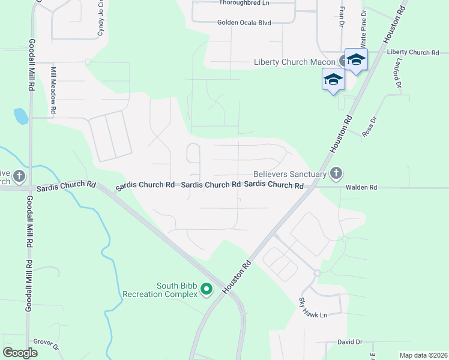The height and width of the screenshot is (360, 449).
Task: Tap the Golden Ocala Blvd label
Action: (244, 23)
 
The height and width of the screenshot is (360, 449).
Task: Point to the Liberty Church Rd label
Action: (413, 53)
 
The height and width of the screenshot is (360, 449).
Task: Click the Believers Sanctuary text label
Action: (289, 174)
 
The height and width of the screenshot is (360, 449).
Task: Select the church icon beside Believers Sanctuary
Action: (336, 174)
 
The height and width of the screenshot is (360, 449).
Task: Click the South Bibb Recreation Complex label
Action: (160, 290)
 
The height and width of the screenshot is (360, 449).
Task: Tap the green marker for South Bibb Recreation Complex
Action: (206, 290)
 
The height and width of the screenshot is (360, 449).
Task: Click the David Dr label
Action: (350, 342)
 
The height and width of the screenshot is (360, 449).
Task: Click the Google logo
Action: (20, 353)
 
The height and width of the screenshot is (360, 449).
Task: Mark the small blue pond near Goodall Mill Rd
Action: (21, 116)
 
